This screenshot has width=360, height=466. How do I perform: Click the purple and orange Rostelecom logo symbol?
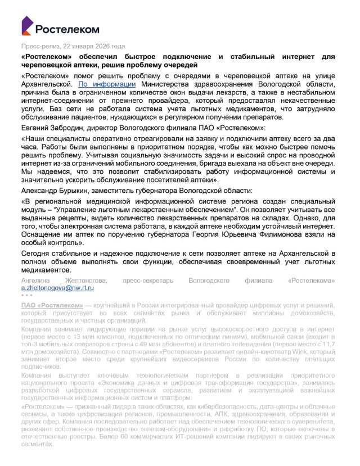(x=28, y=26)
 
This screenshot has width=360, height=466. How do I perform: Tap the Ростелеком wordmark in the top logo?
(x=67, y=29)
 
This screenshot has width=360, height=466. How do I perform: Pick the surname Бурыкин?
(x=75, y=191)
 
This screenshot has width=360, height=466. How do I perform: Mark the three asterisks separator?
(x=26, y=295)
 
